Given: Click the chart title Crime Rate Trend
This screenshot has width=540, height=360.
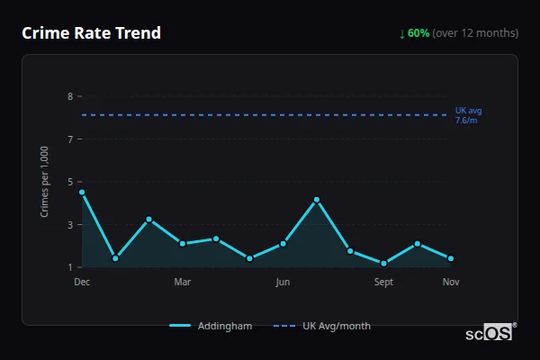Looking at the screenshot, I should pyautogui.click(x=91, y=33).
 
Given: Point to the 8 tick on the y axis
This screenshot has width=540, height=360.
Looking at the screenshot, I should pyautogui.click(x=70, y=96).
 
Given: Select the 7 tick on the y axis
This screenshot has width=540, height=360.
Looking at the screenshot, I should pyautogui.click(x=70, y=139).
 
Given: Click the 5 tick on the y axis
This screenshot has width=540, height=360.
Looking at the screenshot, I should pyautogui.click(x=70, y=182).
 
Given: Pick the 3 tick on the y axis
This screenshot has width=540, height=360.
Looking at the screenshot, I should pyautogui.click(x=70, y=225).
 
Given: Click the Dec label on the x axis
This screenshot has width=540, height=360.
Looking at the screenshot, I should pyautogui.click(x=82, y=283).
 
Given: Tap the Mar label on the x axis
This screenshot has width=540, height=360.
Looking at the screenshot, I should pyautogui.click(x=183, y=283).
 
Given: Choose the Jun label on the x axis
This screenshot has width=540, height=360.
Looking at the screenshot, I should pyautogui.click(x=283, y=283).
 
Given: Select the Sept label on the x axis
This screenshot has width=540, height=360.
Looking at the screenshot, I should pyautogui.click(x=383, y=283).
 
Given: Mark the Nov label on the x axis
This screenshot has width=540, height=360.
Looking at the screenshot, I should pyautogui.click(x=451, y=283).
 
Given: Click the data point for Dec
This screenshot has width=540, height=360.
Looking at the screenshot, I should pyautogui.click(x=82, y=192).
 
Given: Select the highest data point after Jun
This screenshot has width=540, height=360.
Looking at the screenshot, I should pyautogui.click(x=317, y=200).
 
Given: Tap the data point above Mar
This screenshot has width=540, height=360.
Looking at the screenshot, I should pyautogui.click(x=183, y=243).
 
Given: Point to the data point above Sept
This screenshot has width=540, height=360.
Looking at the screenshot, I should pyautogui.click(x=383, y=264).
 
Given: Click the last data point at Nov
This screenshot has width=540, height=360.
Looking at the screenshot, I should pyautogui.click(x=451, y=258).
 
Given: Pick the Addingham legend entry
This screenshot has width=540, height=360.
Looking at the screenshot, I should pyautogui.click(x=211, y=326).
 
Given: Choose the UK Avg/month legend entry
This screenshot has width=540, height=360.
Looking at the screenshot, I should pyautogui.click(x=322, y=326).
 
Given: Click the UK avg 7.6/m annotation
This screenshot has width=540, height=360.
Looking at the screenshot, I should pyautogui.click(x=468, y=115).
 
